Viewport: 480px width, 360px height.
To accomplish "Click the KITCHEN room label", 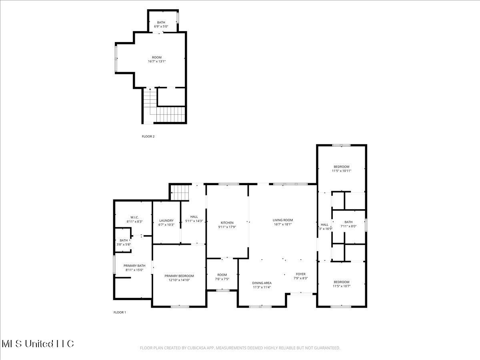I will tap(227, 223).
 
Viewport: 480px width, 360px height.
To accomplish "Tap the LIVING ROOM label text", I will tap(283, 220).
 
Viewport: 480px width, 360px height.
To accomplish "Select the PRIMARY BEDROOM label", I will tap(179, 276).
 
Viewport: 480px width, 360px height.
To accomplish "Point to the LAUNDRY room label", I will tap(166, 220).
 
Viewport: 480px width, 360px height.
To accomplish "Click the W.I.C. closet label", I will tap(134, 217).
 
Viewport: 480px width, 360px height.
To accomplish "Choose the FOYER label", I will tap(300, 274).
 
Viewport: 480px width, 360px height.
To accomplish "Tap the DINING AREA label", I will tap(262, 283).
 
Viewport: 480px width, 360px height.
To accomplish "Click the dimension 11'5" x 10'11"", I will tap(341, 171).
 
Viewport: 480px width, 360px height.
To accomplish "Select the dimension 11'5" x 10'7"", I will tap(341, 286).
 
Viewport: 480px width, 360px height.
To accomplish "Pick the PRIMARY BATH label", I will tap(134, 266).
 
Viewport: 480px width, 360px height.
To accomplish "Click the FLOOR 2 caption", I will tap(148, 136).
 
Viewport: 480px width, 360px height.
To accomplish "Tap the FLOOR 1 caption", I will tap(120, 312).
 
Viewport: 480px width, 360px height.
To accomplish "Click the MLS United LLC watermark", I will tap(38, 344).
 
